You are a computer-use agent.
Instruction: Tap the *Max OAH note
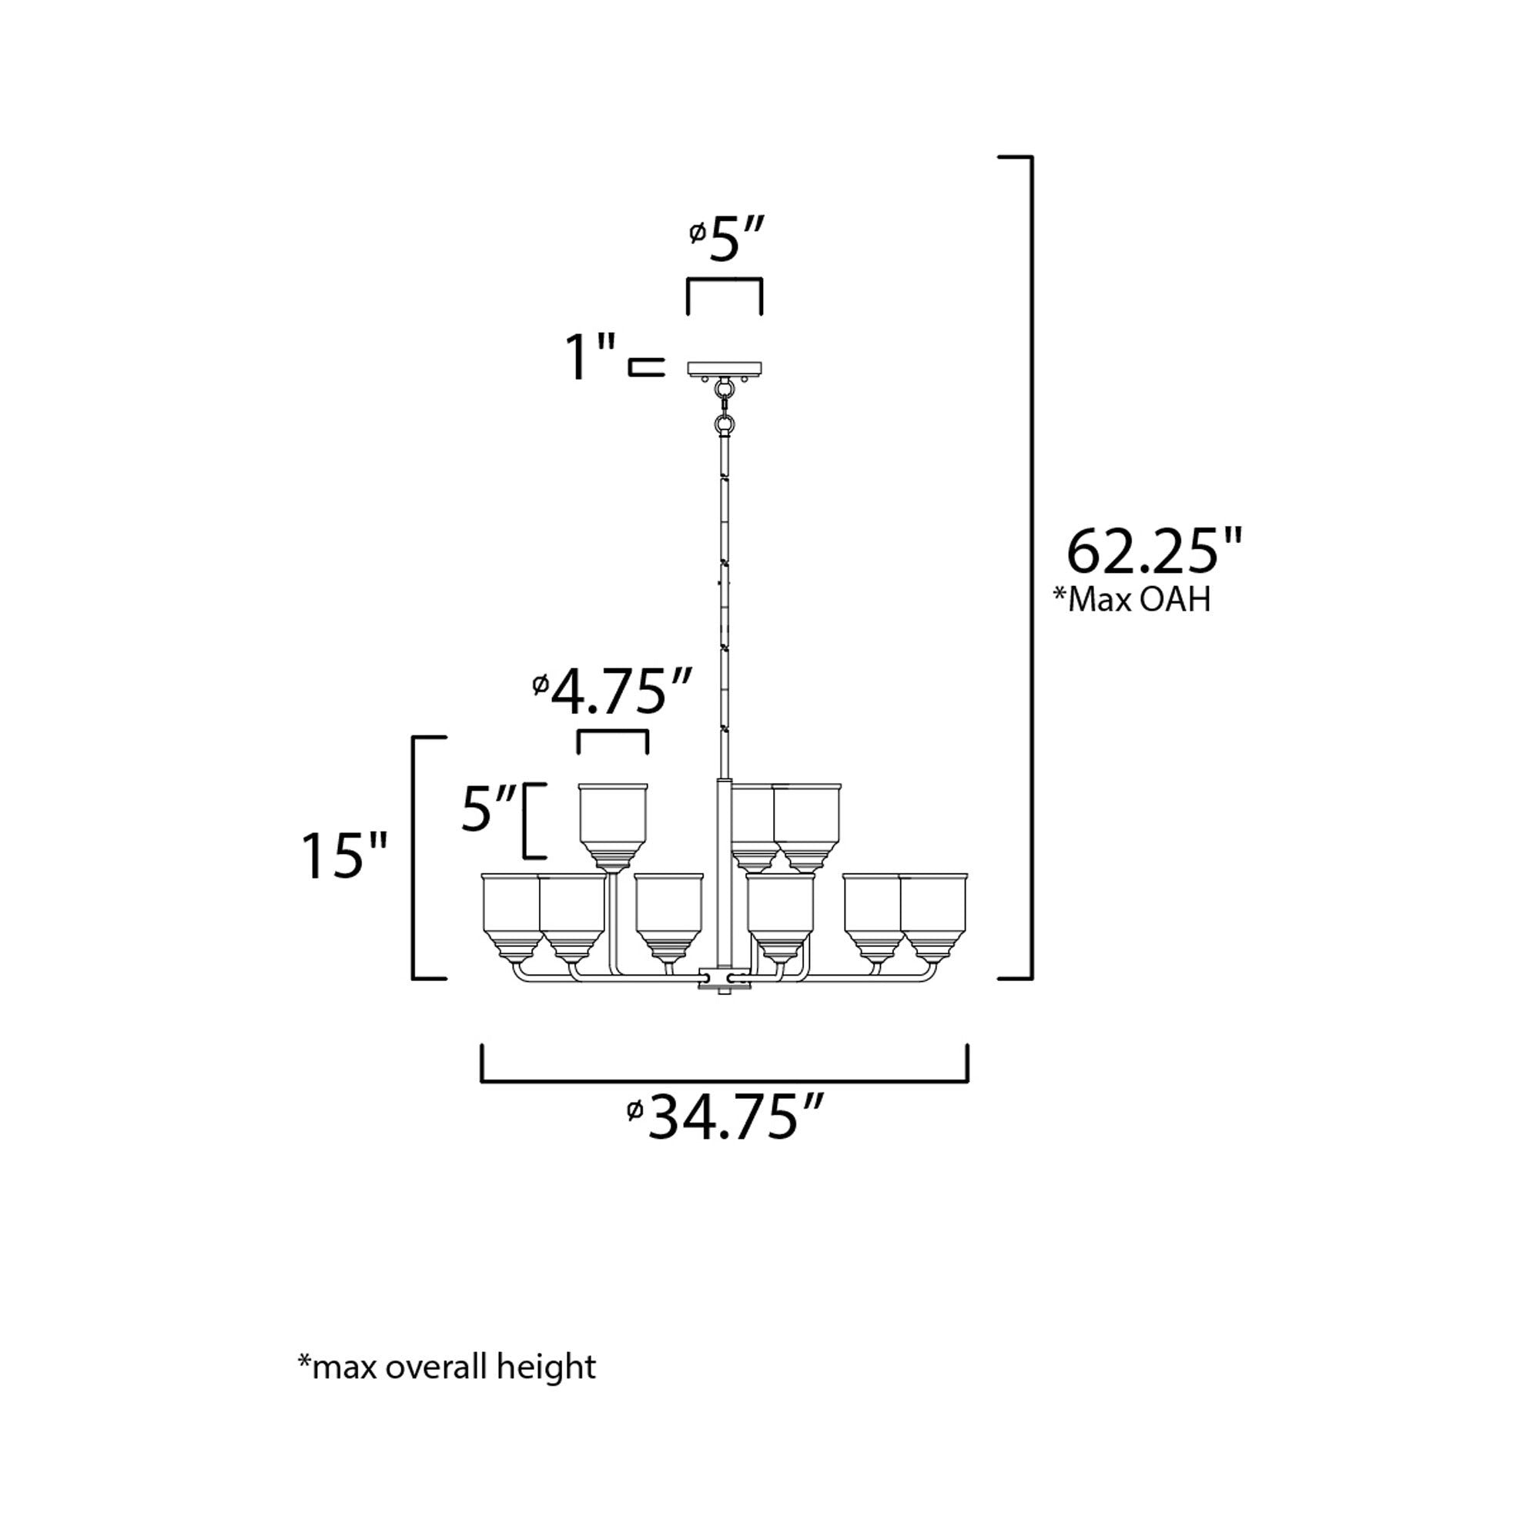(1131, 598)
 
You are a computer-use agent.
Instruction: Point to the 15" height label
(344, 856)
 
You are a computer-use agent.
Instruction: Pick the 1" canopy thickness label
(591, 357)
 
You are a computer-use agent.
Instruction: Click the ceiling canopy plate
(725, 368)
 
